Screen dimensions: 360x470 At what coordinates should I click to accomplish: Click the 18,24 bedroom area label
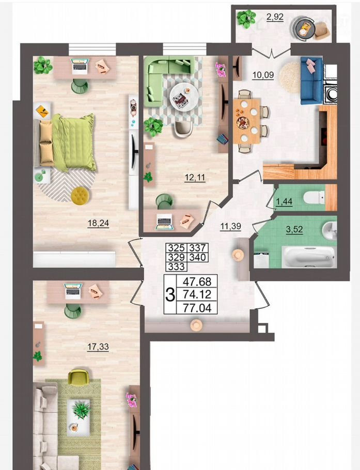(98, 223)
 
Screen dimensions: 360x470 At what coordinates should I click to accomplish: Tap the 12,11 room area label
(195, 178)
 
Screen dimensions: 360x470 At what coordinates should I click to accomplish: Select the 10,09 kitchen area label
(263, 75)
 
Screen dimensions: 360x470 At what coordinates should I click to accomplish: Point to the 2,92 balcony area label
(275, 17)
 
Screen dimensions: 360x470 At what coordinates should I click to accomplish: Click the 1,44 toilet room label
(284, 201)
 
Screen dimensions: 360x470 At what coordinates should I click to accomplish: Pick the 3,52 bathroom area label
(294, 230)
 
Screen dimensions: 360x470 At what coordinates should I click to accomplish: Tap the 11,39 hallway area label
(230, 226)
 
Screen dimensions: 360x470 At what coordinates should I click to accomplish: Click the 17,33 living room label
(98, 347)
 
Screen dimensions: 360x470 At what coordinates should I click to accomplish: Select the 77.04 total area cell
(197, 307)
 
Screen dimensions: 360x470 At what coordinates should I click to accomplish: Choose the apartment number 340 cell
(197, 257)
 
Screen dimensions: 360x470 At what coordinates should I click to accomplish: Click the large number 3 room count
(170, 294)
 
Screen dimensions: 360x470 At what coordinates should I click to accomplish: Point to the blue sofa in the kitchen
(311, 81)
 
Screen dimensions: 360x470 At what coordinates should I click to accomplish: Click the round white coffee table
(183, 97)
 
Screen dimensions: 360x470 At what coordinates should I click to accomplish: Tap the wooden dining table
(247, 121)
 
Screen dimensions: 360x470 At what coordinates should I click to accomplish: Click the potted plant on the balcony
(246, 19)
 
